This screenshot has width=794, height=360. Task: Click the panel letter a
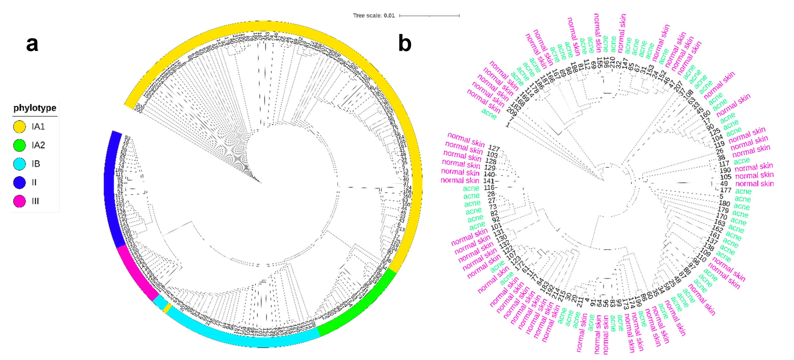point(32,44)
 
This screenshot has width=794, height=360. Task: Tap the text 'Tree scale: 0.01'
point(374,15)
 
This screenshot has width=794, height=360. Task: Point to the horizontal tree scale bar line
point(429,15)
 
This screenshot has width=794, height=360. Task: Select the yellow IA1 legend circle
point(19,127)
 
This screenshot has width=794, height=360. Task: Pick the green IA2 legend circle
point(19,145)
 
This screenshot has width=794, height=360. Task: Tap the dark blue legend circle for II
point(19,182)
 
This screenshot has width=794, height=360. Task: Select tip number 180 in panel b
point(724,203)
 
